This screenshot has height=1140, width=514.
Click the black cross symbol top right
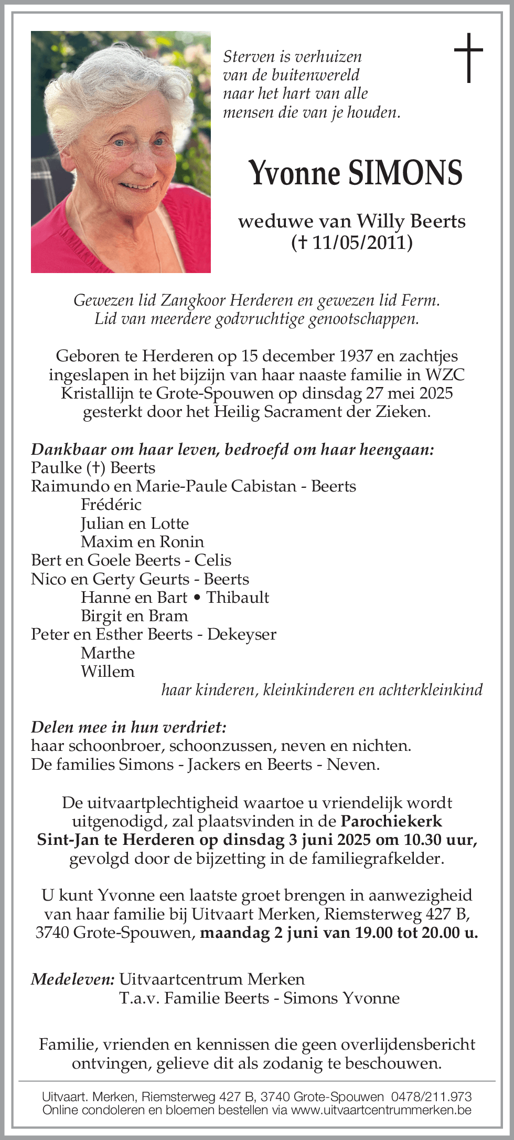[x=468, y=58]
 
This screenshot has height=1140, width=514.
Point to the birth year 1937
[x=356, y=356]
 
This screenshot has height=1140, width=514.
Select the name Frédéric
[x=111, y=505]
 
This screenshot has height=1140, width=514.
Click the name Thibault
[x=238, y=598]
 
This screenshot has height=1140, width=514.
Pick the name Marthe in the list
[x=108, y=653]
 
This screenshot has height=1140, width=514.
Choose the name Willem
[x=108, y=672]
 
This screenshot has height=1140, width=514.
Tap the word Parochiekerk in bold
[x=391, y=821]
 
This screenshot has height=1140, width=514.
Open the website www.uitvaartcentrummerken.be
[x=381, y=1110]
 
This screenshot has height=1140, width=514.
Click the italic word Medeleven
[x=72, y=979]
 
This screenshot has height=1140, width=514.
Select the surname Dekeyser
[x=242, y=634]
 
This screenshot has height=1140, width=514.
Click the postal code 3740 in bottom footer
[x=274, y=1097]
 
